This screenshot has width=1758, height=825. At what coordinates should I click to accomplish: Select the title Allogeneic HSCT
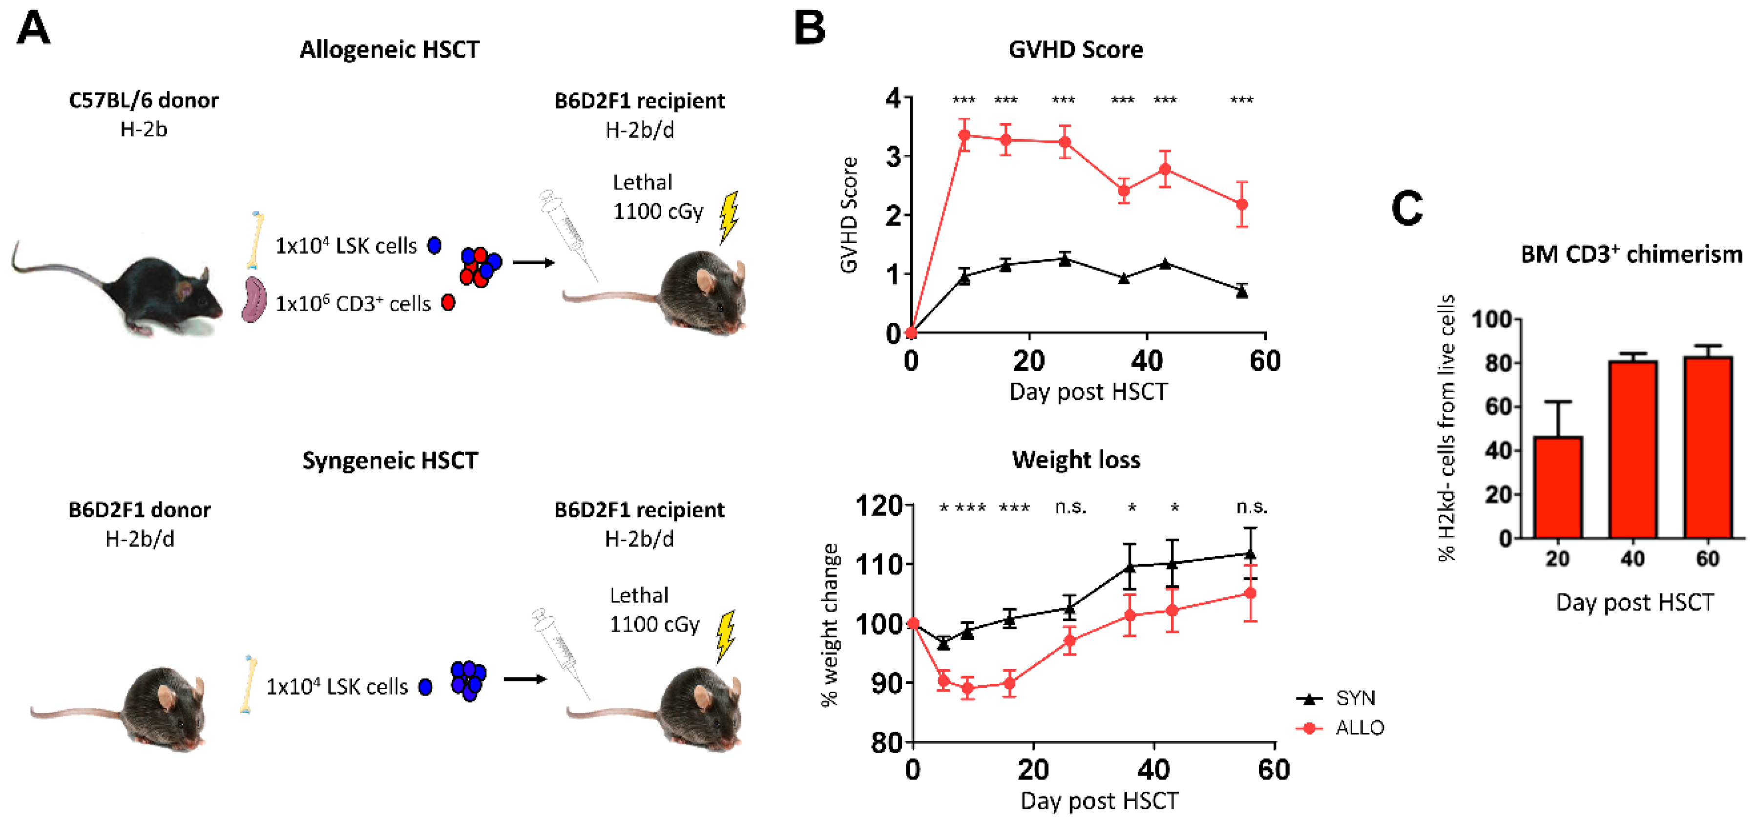(390, 50)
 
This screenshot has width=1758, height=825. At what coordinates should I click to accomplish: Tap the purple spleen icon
(254, 299)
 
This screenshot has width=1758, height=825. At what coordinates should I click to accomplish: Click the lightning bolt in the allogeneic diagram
(729, 217)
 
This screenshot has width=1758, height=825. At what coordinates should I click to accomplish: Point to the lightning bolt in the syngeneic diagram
(726, 636)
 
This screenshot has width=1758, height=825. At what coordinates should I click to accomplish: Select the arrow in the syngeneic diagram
(525, 679)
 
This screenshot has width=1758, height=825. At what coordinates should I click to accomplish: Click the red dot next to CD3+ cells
(448, 302)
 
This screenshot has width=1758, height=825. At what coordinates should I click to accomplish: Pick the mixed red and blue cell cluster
(481, 267)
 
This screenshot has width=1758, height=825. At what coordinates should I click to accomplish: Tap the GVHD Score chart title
(1075, 50)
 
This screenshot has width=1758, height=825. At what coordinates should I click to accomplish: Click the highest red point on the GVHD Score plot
(964, 135)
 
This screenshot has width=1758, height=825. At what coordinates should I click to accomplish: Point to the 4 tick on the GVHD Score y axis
(894, 98)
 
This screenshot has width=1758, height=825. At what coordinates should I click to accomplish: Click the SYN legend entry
(1336, 698)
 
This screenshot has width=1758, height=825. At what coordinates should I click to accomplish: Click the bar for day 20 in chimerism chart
(1558, 487)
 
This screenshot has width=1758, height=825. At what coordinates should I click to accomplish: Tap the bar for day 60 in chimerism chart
(1708, 447)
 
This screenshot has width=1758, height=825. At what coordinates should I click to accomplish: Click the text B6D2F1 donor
(140, 510)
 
